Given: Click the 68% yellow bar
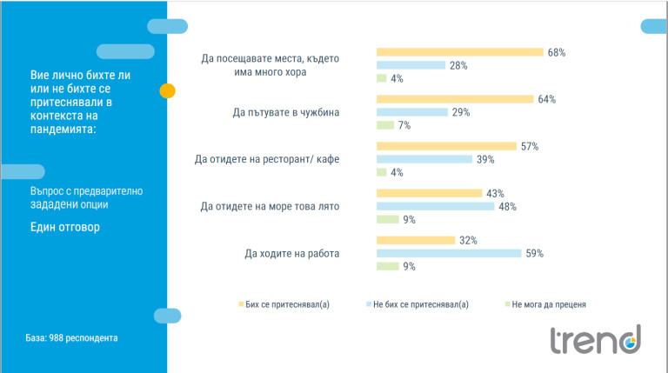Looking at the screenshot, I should pos(459,52).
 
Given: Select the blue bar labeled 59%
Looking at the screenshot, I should pos(448,253).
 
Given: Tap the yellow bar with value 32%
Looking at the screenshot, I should pos(415,240).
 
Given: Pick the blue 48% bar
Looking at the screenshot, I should pos(434,206).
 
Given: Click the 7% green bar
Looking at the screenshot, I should pos(384,125).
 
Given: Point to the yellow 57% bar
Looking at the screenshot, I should pos(446,146).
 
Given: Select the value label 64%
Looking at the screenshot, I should pos(546,99).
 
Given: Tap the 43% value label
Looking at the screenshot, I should pos(495,193).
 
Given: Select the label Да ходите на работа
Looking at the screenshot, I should pos(292,254).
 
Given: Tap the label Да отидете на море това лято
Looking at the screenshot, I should pos(270,206).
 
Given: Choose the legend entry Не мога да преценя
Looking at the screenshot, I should pos(549,304).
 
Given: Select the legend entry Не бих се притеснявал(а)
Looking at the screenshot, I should pos(419,304).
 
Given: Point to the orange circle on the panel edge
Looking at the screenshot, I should pos(168,90).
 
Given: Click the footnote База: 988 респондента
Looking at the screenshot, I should pos(71,337).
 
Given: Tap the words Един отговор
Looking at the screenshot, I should pos(65,228).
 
